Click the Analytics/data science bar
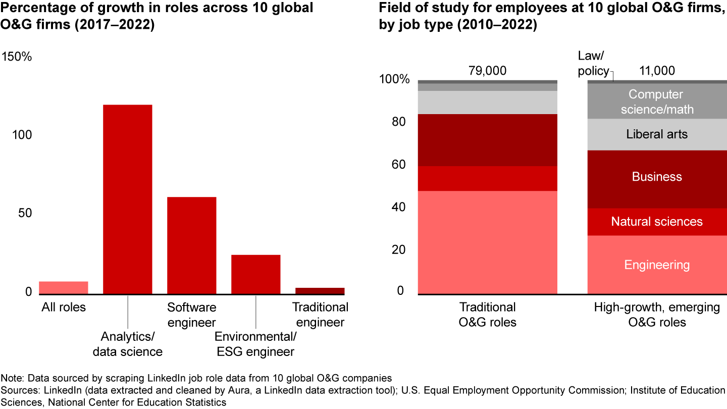[127, 199]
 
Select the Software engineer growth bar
[191, 245]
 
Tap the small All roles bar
[63, 287]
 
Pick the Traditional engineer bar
[320, 290]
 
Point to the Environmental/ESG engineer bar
[255, 274]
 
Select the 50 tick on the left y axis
[25, 213]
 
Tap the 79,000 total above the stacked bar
[487, 71]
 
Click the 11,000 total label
[657, 71]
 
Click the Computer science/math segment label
[657, 101]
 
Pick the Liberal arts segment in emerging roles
[657, 134]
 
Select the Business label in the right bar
[657, 177]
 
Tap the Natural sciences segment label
[657, 222]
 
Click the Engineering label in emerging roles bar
[657, 265]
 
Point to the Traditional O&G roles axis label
[487, 314]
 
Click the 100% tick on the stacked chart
[394, 80]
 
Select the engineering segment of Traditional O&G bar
[487, 242]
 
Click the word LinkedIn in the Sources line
[51, 390]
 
